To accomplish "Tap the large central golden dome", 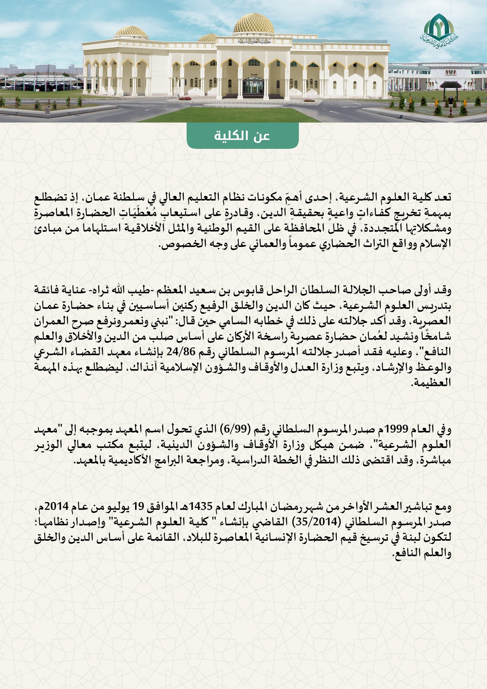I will tap(254, 24).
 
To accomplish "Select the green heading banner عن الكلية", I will tap(242, 136).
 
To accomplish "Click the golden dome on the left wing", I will tap(131, 31).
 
